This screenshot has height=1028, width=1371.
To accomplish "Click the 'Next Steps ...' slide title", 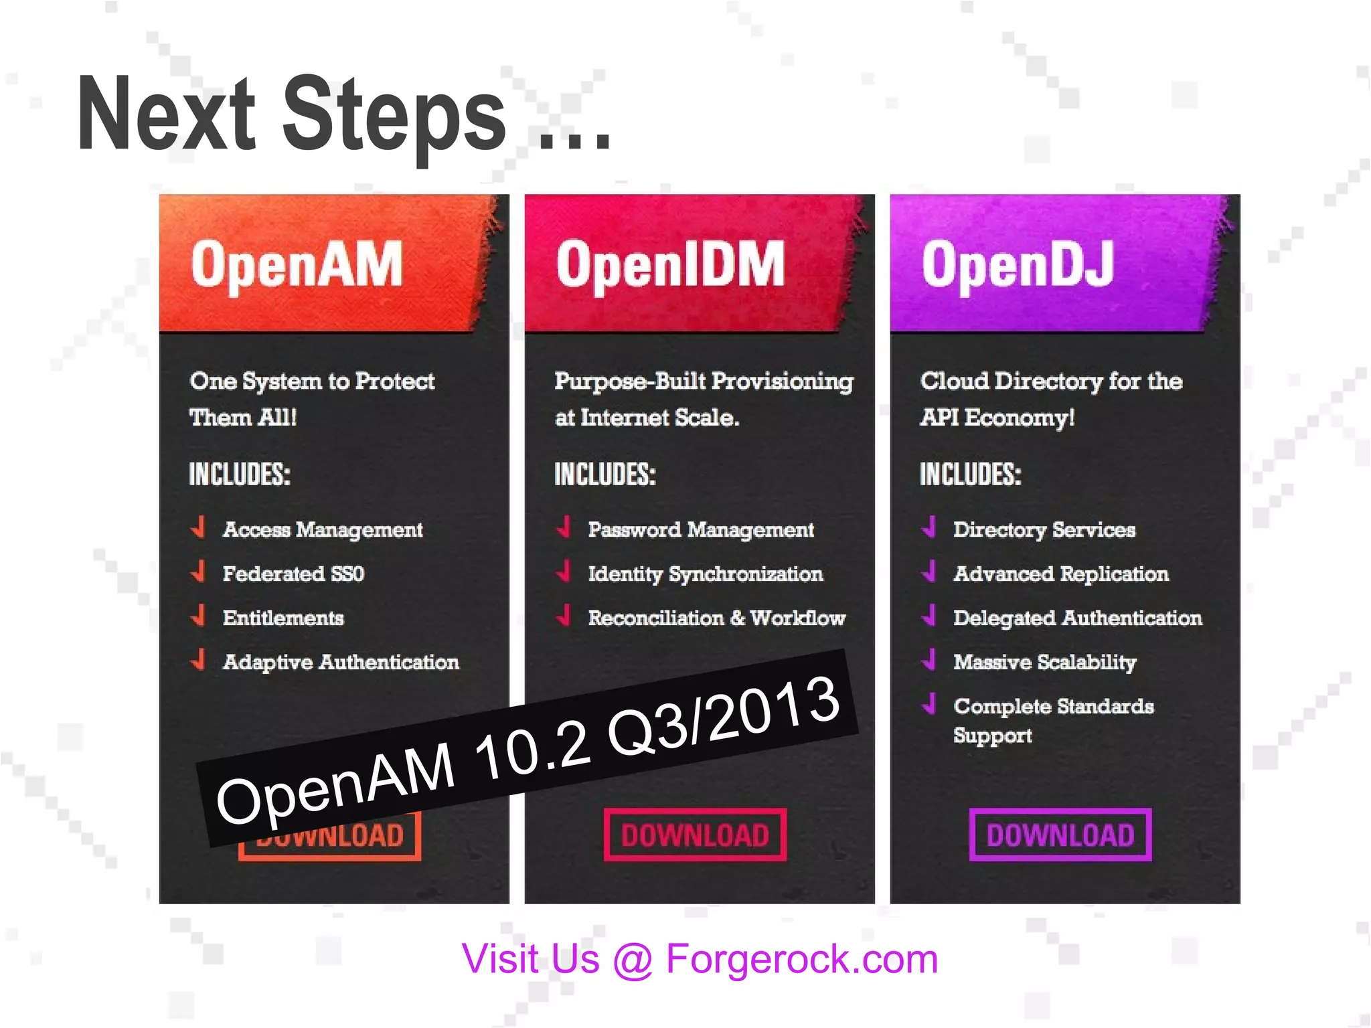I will pos(343,115).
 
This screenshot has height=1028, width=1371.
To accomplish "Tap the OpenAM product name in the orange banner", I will pos(297,265).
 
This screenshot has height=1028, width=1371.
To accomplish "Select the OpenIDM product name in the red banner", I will pos(670,265).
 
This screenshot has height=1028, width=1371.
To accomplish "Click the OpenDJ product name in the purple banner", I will pos(1018,265).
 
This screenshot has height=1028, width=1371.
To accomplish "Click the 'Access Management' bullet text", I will pos(323,529).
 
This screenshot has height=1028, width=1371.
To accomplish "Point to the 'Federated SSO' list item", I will pos(293,574).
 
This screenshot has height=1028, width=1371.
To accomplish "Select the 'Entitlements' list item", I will pos(283,618).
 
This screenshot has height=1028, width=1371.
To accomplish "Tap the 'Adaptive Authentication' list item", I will pos(341,662).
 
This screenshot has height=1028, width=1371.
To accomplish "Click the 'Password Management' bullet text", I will pos(701,529).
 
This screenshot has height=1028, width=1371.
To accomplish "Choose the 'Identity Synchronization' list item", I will pos(706,574).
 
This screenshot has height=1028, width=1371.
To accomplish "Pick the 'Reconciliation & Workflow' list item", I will pos(716,618).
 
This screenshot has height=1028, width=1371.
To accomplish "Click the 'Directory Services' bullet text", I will pos(1044,529).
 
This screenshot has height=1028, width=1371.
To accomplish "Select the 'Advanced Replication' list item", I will pos(1061,574).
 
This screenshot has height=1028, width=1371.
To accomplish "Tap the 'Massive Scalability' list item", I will pos(1045,662).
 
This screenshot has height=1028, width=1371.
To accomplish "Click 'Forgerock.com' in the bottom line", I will pos(802,958).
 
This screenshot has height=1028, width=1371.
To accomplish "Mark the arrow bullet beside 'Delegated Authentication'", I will pos(929,615).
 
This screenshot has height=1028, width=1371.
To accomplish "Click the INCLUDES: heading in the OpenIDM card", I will pos(605,475).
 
